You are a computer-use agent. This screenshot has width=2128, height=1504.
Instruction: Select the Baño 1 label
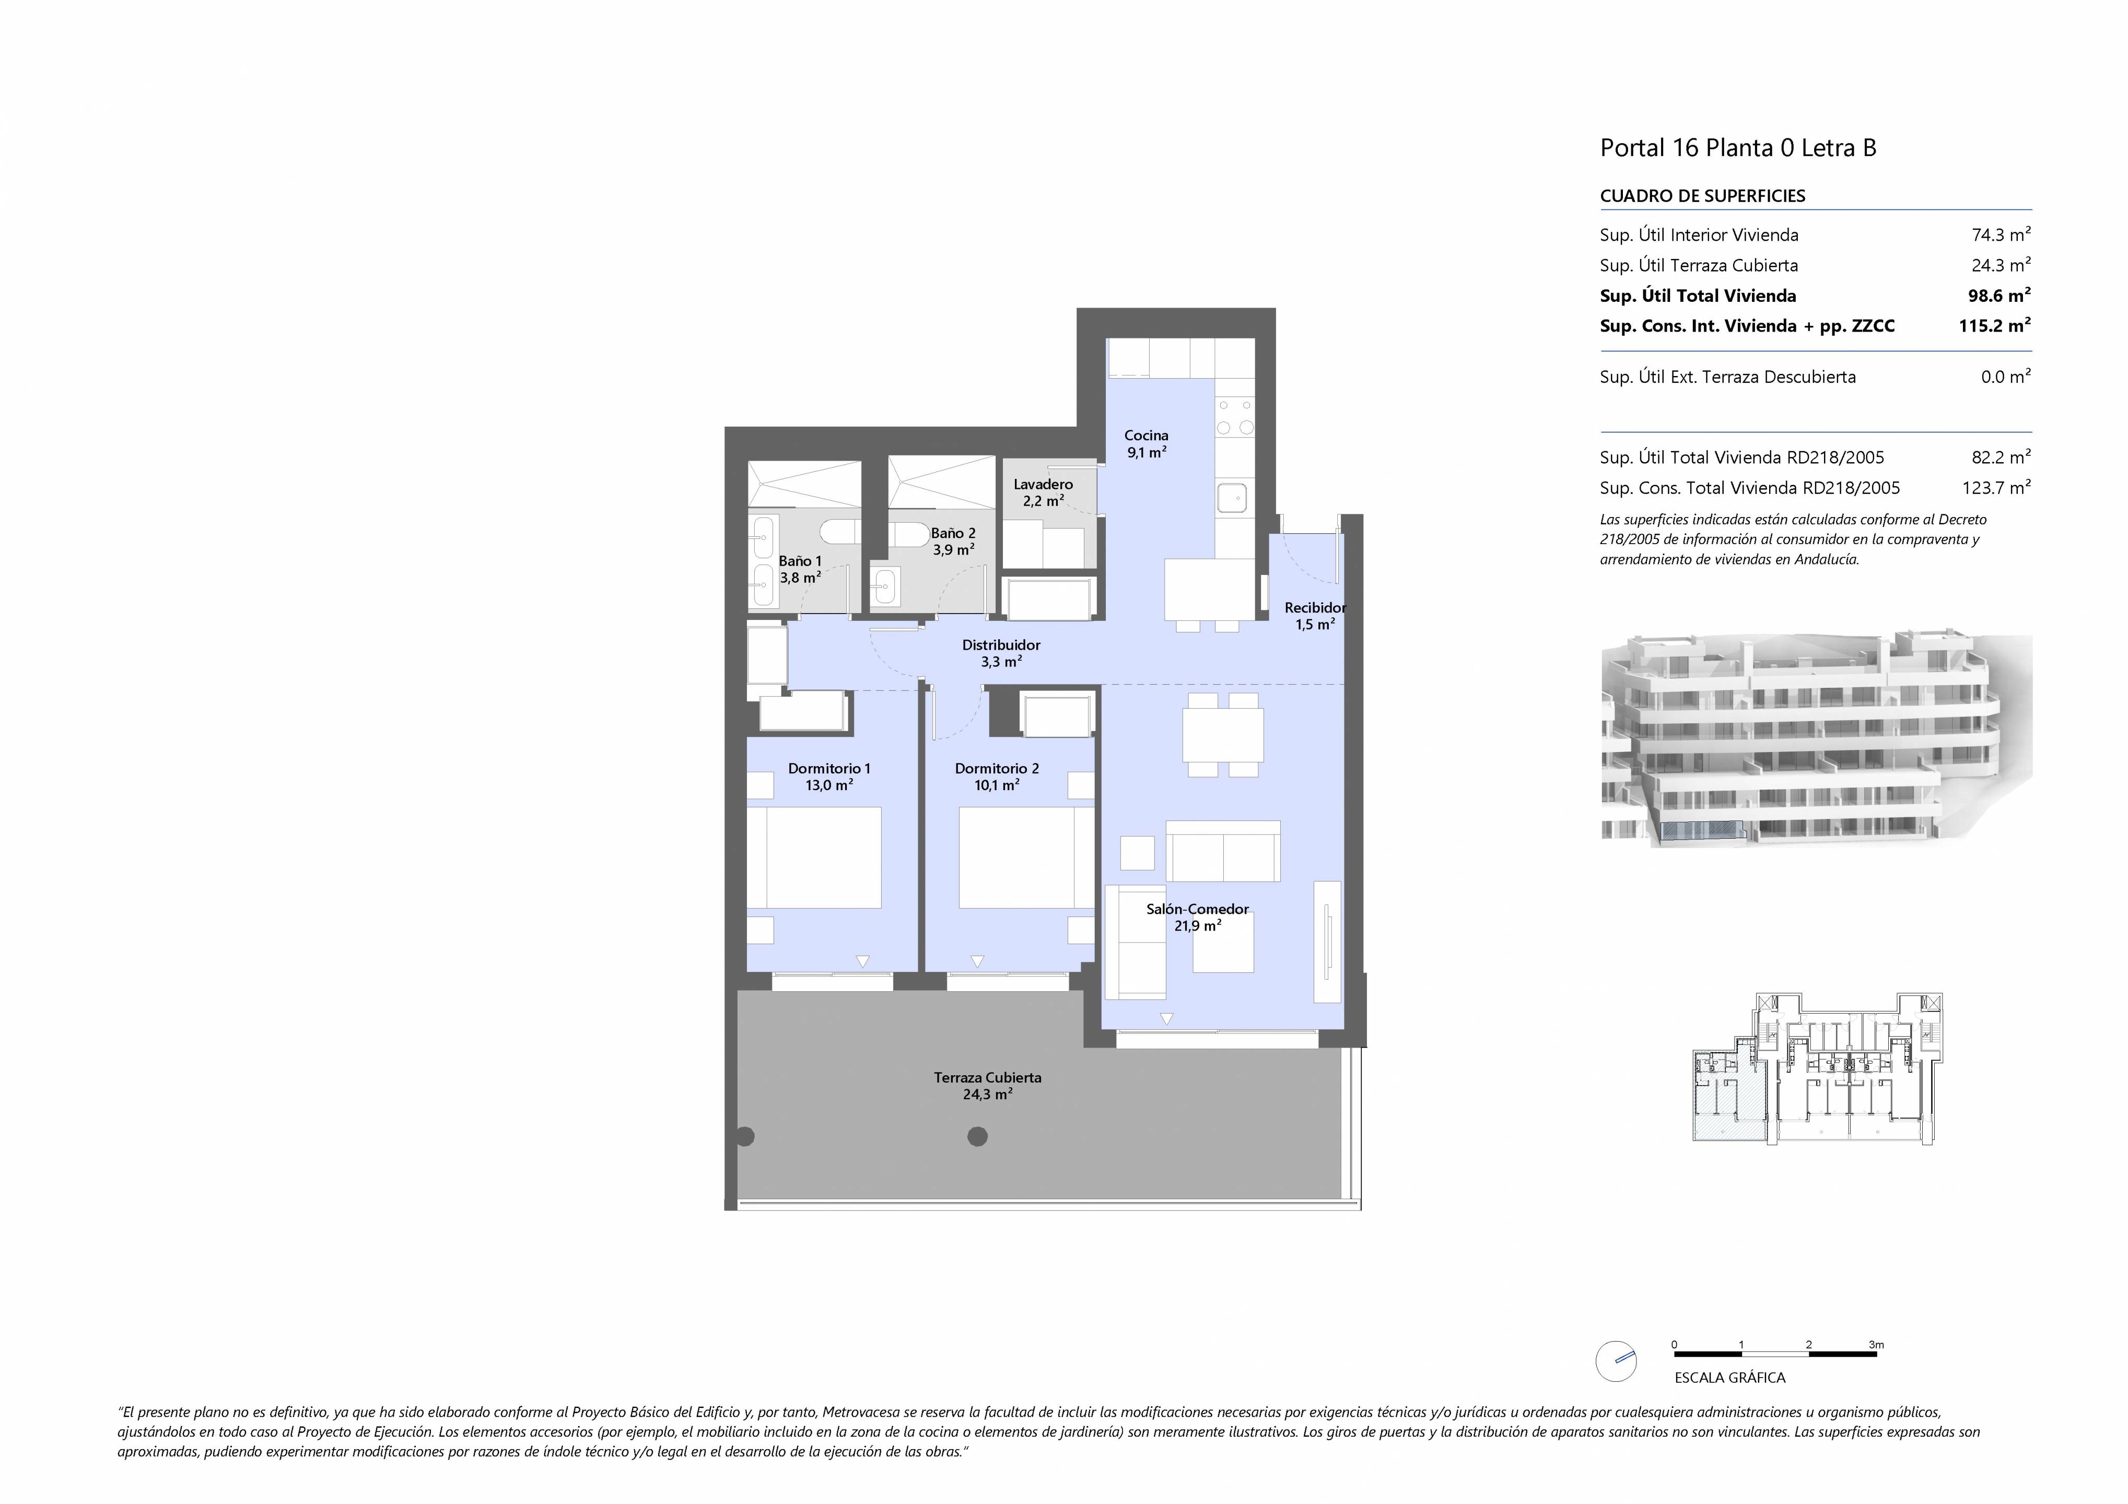(800, 569)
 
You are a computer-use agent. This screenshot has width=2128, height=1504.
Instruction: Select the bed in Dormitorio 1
(814, 857)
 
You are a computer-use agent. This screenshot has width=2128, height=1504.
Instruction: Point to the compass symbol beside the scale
(1616, 1361)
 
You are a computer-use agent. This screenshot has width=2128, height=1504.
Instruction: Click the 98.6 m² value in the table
(1999, 296)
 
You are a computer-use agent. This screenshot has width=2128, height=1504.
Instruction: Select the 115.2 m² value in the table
(1994, 325)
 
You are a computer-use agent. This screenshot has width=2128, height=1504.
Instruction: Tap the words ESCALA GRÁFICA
(1729, 1378)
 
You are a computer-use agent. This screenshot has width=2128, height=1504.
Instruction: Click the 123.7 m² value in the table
(1996, 487)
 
